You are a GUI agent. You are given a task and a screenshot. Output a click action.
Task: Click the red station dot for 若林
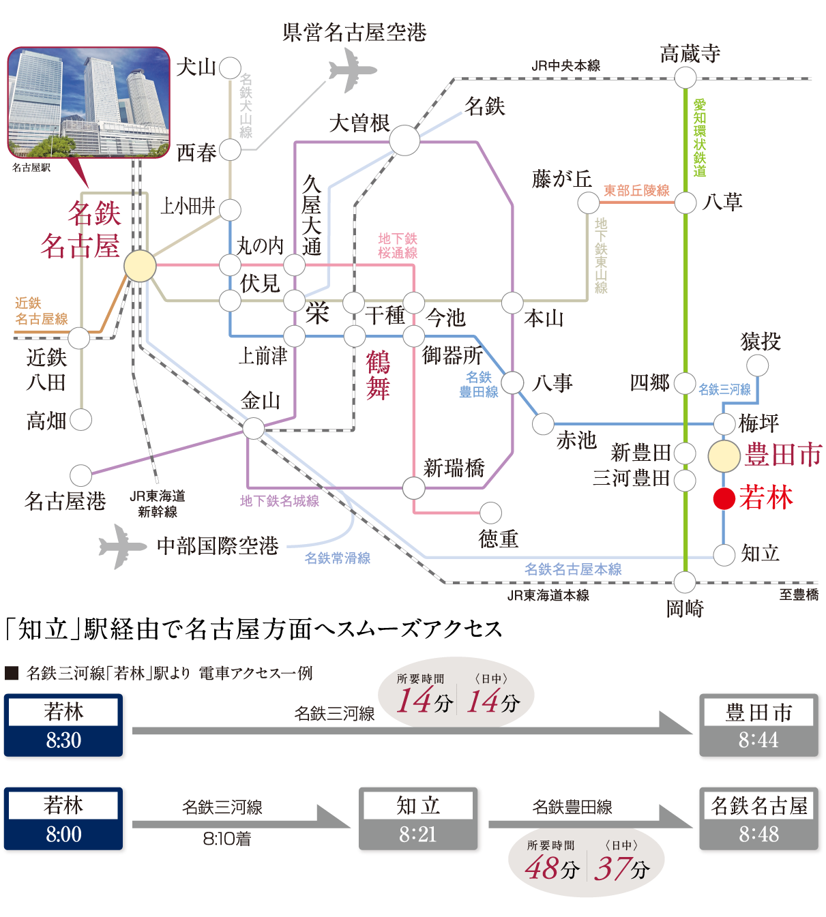pyautogui.click(x=724, y=498)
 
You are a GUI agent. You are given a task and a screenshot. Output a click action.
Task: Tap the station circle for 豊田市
pyautogui.click(x=724, y=456)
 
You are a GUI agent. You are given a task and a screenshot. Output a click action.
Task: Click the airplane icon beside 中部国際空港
pyautogui.click(x=121, y=546)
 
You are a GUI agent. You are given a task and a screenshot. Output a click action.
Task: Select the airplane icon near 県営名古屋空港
pyautogui.click(x=352, y=72)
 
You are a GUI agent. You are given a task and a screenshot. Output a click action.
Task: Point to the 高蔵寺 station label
pyautogui.click(x=690, y=53)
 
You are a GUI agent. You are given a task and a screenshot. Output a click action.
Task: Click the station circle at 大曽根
pyautogui.click(x=404, y=141)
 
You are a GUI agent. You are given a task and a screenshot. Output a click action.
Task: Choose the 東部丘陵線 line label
pyautogui.click(x=636, y=191)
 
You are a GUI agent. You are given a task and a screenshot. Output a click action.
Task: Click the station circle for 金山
pyautogui.click(x=253, y=428)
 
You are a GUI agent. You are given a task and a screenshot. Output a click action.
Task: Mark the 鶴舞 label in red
pyautogui.click(x=378, y=375)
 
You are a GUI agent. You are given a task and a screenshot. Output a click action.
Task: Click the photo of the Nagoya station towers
pyautogui.click(x=88, y=102)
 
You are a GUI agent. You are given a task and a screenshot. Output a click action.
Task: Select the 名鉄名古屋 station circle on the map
pyautogui.click(x=140, y=266)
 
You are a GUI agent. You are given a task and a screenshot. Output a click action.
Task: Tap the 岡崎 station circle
pyautogui.click(x=685, y=583)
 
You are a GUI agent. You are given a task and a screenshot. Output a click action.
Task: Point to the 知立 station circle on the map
pyautogui.click(x=724, y=554)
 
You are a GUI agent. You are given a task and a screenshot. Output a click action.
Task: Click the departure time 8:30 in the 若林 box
pyautogui.click(x=64, y=740)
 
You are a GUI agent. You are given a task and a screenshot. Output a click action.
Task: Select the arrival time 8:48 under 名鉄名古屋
pyautogui.click(x=758, y=834)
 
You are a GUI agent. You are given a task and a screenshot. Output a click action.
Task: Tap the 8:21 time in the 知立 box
pyautogui.click(x=417, y=834)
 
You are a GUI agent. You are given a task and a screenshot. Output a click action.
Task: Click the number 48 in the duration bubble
pyautogui.click(x=542, y=868)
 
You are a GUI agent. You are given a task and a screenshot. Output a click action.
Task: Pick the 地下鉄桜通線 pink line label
pyautogui.click(x=398, y=245)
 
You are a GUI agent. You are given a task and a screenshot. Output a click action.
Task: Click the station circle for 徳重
pyautogui.click(x=490, y=513)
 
